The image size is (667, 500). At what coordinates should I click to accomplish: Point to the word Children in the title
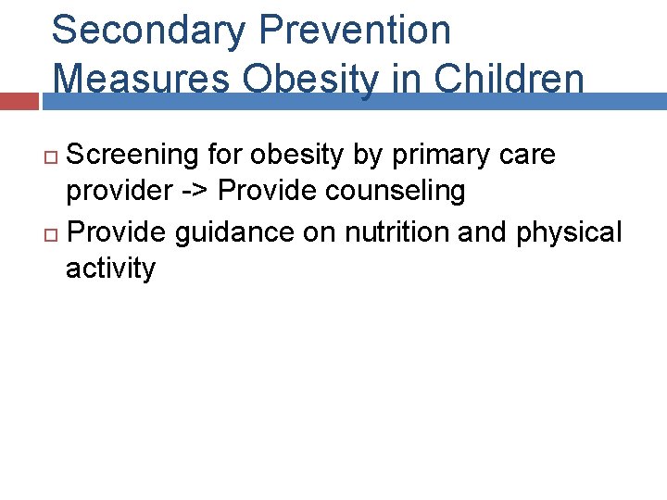click(x=510, y=80)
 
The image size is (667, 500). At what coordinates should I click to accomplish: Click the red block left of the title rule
click(x=19, y=101)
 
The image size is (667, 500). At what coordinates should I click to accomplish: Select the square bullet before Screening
click(x=52, y=156)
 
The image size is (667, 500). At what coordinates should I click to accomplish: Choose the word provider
click(x=118, y=193)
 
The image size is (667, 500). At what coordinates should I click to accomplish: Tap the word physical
click(x=570, y=231)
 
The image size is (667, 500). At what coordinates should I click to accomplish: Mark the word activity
click(x=110, y=269)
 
